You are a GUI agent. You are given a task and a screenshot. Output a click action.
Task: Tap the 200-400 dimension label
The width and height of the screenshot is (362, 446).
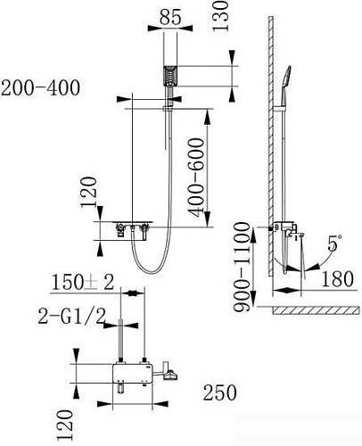tap(40, 87)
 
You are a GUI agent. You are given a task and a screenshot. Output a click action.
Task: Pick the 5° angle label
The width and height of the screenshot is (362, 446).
tap(333, 242)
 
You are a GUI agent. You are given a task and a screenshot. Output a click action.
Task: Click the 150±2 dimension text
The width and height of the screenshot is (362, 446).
tap(82, 283)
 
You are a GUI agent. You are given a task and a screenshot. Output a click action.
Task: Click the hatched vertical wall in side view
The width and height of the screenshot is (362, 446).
tap(265, 161)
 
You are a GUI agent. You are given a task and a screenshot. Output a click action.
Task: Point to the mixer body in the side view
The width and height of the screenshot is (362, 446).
tap(288, 229)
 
